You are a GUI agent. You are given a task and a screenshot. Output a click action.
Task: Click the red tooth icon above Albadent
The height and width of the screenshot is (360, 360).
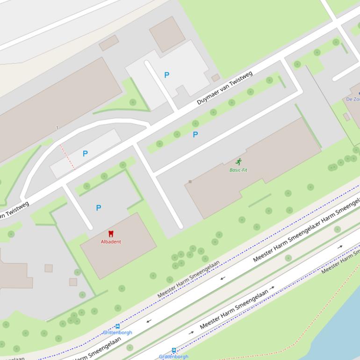coord(111,233)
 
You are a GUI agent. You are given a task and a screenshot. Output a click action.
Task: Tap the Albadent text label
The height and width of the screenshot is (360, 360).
coord(111,242)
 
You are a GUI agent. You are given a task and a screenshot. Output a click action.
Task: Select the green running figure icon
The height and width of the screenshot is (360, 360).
coord(239,162)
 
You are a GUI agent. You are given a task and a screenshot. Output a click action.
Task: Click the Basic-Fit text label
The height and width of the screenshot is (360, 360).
coord(238,170)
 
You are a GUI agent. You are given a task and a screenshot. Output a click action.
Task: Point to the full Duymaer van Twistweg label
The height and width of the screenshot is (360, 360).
coord(224,88)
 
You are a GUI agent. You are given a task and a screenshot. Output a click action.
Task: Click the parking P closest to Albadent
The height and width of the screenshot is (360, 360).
coord(99,208)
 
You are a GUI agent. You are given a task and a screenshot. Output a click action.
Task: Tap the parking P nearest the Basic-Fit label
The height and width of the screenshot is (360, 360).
coord(195,135)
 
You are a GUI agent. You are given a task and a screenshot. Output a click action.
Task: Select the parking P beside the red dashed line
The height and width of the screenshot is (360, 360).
coord(85,153)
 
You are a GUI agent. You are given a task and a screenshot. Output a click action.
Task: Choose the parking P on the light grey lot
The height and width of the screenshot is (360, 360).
coord(166,75)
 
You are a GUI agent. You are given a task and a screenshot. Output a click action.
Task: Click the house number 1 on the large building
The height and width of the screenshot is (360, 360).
coord(57,128)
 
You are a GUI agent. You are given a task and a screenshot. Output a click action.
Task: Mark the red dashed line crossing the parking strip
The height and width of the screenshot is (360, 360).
coord(67,156)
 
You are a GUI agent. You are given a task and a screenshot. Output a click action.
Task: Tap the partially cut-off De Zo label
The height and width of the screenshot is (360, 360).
coord(353,99)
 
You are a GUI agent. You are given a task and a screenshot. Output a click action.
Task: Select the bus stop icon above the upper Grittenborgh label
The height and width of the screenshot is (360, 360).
coord(117,326)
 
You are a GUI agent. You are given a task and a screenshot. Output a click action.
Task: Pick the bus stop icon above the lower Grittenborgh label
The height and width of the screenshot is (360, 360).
coord(174,350)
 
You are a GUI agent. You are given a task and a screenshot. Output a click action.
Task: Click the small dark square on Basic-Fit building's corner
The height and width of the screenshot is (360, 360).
coord(190,181)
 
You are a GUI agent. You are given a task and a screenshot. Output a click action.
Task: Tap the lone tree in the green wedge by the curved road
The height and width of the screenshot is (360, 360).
coord(133,102)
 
